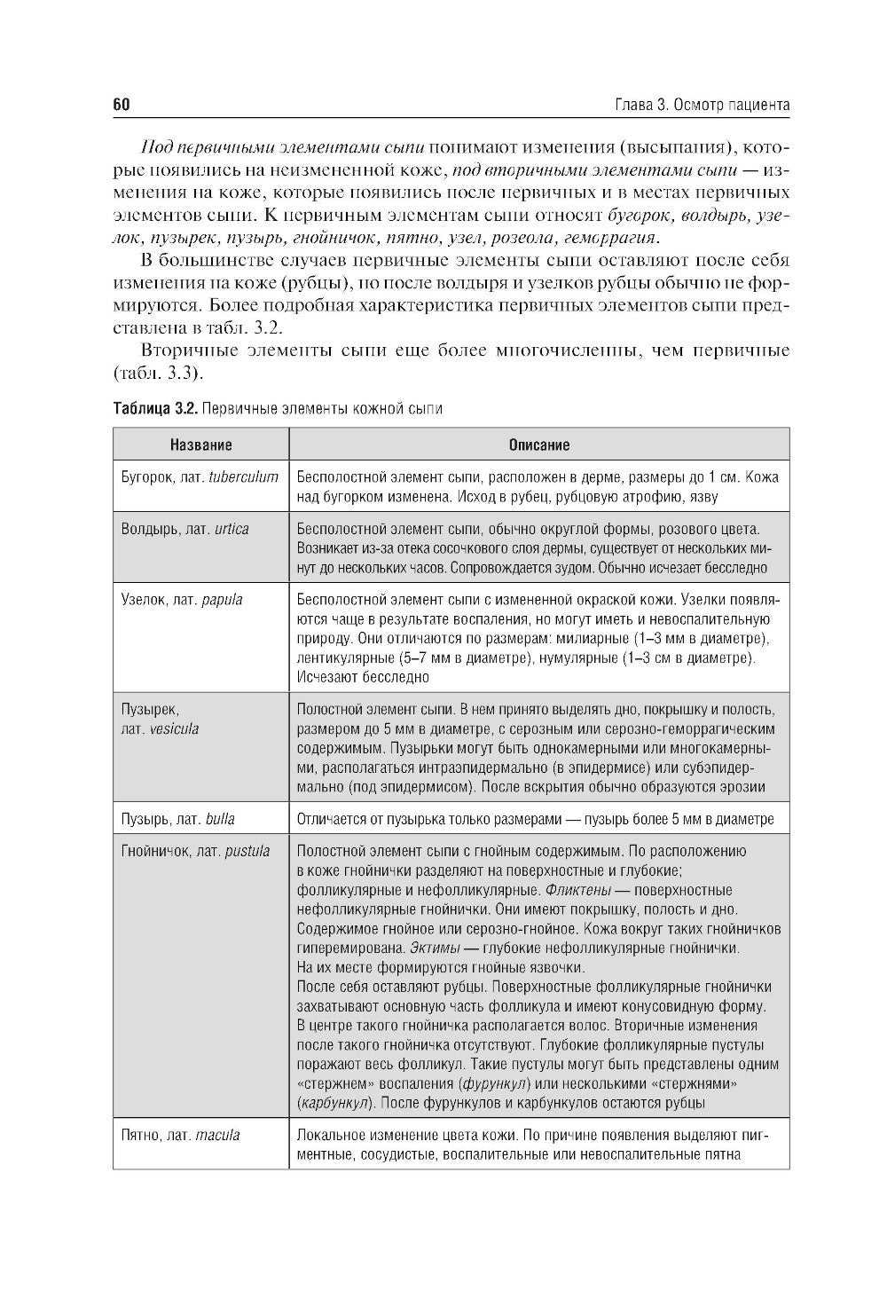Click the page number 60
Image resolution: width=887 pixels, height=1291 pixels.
tap(122, 105)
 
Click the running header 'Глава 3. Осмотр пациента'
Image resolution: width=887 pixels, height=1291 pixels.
tap(702, 105)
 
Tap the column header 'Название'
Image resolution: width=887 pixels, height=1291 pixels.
tap(201, 445)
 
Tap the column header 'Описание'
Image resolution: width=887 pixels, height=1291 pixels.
tap(538, 445)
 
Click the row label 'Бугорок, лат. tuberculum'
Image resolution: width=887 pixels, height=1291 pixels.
tap(200, 477)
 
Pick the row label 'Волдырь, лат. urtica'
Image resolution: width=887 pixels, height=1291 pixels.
tap(184, 530)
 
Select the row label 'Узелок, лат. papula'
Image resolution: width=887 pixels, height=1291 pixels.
tap(181, 600)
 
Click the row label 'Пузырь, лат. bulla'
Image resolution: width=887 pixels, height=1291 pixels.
tap(177, 819)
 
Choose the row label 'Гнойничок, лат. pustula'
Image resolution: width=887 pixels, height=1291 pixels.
tap(195, 852)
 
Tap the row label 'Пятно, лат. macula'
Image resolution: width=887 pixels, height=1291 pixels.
tap(180, 1136)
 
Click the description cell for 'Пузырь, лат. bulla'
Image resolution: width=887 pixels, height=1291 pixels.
tap(535, 819)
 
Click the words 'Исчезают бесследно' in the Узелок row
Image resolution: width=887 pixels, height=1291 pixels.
tap(363, 677)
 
